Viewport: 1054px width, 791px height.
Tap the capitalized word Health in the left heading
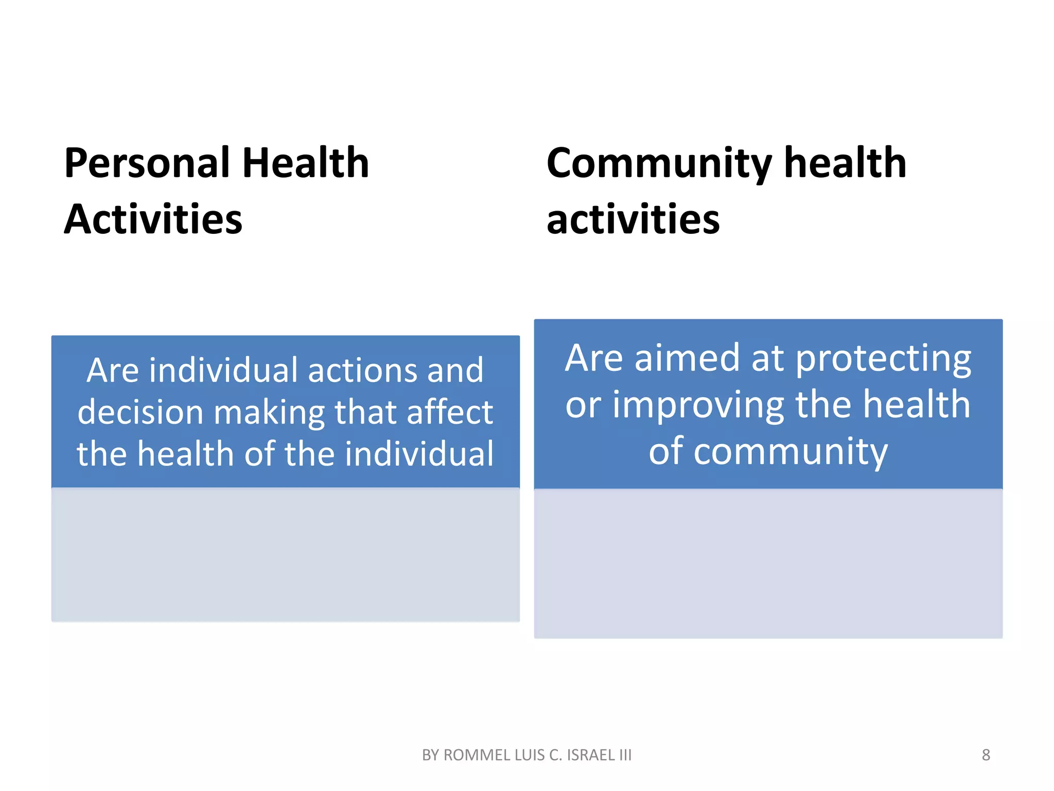click(306, 163)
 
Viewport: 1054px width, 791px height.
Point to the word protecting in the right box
click(883, 359)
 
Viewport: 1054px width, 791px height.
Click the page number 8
click(986, 755)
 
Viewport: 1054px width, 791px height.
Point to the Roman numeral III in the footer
click(625, 755)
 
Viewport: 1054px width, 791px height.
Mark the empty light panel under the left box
click(285, 554)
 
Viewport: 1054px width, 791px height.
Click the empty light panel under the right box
click(768, 563)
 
